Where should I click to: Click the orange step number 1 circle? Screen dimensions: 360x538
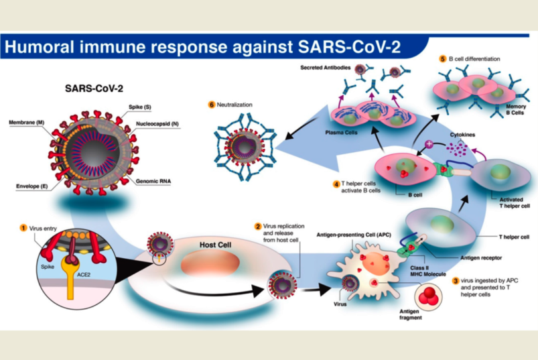coord(23,228)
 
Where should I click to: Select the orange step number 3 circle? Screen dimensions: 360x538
coord(456,281)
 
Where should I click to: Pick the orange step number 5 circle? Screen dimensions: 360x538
coord(443,59)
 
